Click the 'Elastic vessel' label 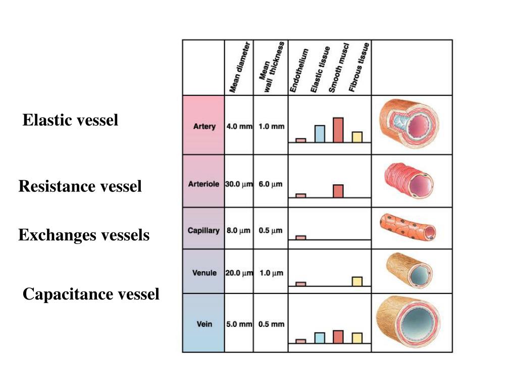[x=70, y=120]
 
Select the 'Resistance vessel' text [x=80, y=186]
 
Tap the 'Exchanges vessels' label [x=84, y=235]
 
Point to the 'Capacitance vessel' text [x=91, y=294]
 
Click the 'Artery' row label [x=204, y=126]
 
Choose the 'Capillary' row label [x=203, y=230]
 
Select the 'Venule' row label [x=204, y=273]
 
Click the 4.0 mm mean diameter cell [x=239, y=126]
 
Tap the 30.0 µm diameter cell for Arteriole [x=239, y=184]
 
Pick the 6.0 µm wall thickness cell [x=271, y=184]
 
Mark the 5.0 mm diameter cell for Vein [x=239, y=324]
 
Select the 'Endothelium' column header [x=299, y=71]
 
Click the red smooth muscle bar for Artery [x=338, y=130]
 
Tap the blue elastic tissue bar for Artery [x=320, y=133]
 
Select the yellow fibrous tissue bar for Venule [x=357, y=281]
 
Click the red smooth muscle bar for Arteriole [x=338, y=191]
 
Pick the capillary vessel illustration [x=408, y=227]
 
